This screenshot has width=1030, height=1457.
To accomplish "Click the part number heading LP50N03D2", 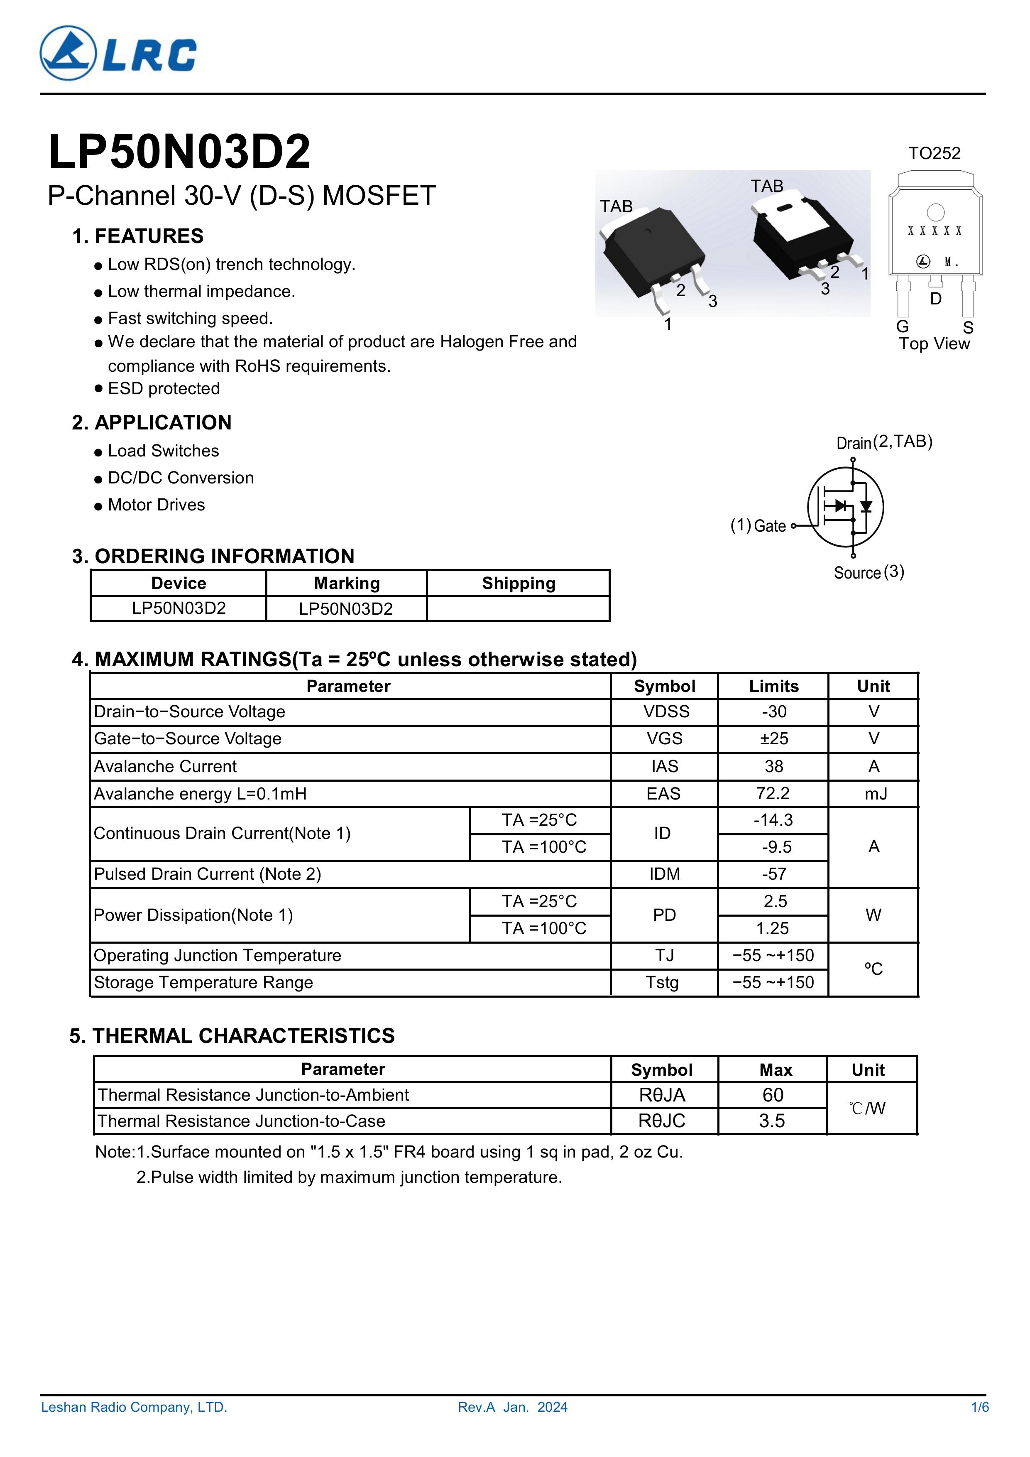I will [179, 152].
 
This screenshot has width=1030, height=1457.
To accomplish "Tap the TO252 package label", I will [934, 154].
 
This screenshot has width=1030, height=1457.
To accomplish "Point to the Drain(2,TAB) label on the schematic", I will [884, 442].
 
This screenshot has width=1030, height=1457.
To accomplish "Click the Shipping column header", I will [518, 583].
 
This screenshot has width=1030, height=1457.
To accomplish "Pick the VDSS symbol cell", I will [666, 711].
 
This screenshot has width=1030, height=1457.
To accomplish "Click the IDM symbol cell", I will [664, 874].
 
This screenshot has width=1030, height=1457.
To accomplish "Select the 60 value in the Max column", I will [773, 1095].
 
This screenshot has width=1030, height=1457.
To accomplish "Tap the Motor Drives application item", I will [156, 505].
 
